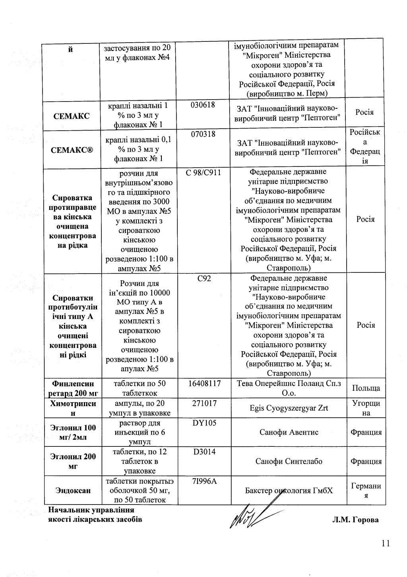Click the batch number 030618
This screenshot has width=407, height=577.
click(x=203, y=105)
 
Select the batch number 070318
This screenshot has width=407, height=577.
click(x=203, y=134)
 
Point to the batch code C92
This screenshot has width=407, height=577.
click(x=204, y=278)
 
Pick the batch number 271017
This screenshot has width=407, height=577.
click(x=204, y=403)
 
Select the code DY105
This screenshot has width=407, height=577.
click(x=204, y=423)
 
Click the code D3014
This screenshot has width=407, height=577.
click(x=204, y=452)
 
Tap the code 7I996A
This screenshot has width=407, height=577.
click(x=204, y=481)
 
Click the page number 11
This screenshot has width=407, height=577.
click(x=385, y=544)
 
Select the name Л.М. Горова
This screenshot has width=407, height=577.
click(x=355, y=520)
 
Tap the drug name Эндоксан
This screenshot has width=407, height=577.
click(x=73, y=491)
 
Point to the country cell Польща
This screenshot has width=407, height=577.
click(x=366, y=388)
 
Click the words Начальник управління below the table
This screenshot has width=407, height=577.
click(x=91, y=510)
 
